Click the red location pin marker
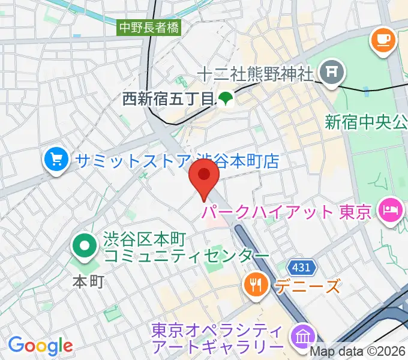[204, 178]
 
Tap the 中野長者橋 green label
[149, 27]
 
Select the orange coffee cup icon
[382, 40]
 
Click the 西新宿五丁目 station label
[168, 99]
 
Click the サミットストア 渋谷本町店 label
[178, 161]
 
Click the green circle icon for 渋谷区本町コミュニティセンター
[85, 246]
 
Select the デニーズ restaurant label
[307, 286]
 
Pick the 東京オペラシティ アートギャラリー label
[217, 338]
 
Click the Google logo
[40, 346]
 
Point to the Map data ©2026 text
[358, 352]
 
